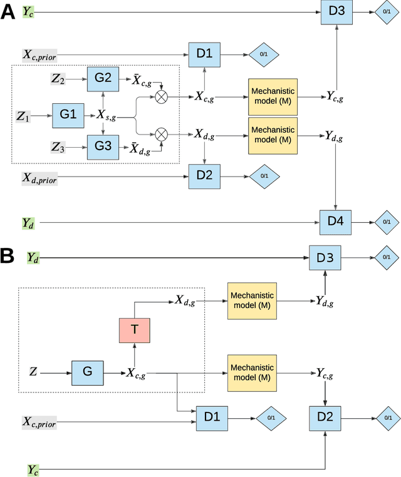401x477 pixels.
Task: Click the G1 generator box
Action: (68, 116)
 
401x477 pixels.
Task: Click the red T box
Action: (135, 330)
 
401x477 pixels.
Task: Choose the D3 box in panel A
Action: (336, 12)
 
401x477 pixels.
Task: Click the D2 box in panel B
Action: (325, 416)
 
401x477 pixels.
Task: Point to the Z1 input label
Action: (24, 116)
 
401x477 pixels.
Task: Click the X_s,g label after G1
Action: (109, 116)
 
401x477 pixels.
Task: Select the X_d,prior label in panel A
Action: (39, 180)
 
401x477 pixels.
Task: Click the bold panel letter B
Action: (8, 255)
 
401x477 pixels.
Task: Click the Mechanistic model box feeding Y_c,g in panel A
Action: (272, 96)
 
